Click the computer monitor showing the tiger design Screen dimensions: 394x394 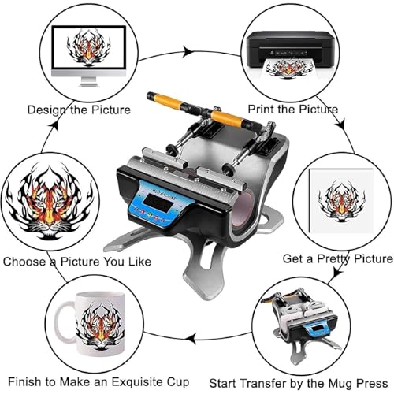tap(88, 56)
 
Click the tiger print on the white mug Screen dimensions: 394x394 tap(100, 325)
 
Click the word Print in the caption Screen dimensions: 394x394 tap(262, 109)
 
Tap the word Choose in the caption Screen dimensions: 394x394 tap(24, 262)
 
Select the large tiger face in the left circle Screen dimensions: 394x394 tap(50, 201)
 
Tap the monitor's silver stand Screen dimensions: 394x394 tap(88, 82)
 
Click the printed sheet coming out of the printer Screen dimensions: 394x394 tap(288, 69)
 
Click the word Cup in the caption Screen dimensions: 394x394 tap(178, 382)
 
